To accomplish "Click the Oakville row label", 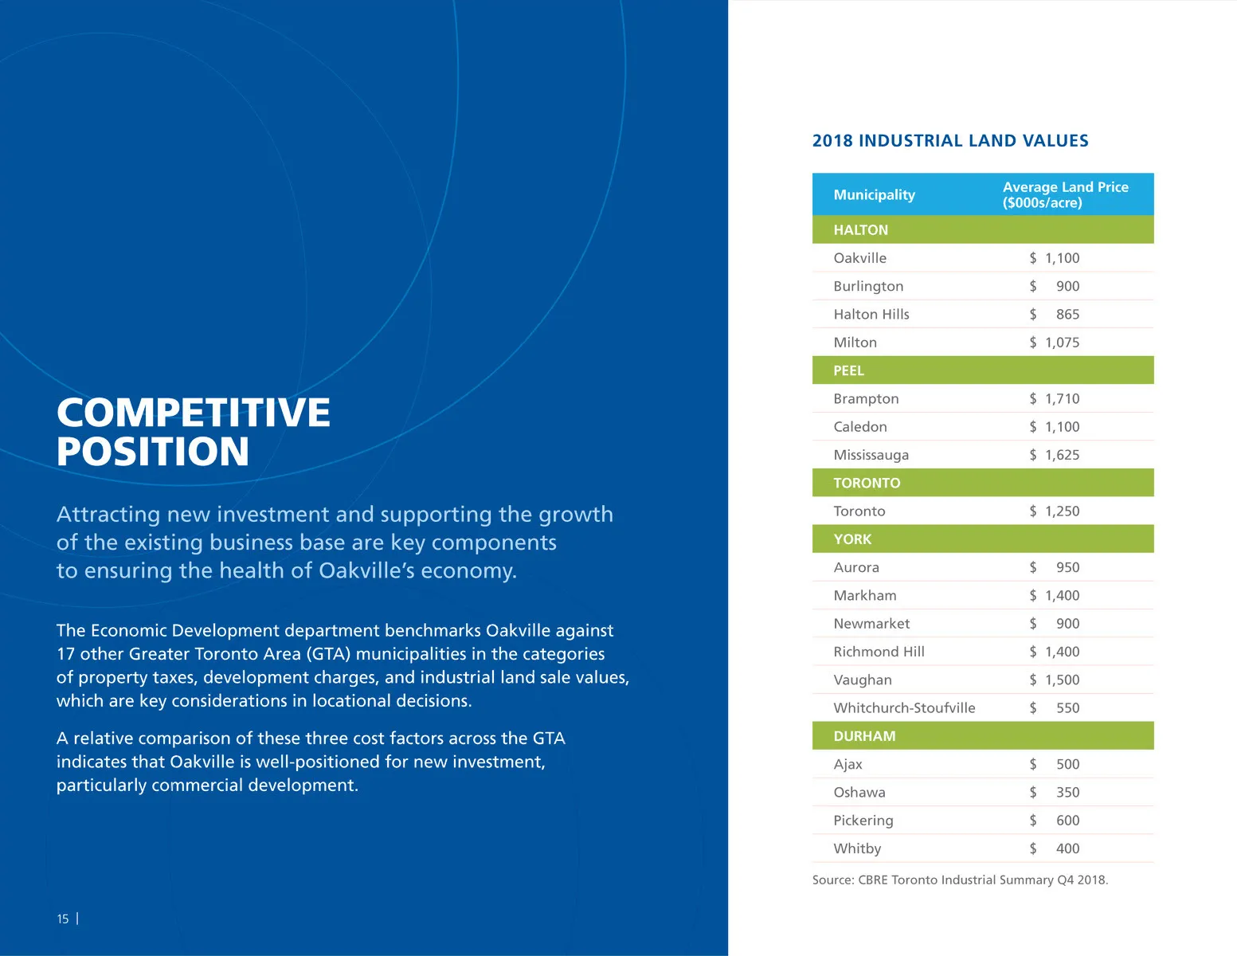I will (859, 258).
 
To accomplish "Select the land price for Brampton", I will (1055, 398).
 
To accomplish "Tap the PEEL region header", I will (848, 370).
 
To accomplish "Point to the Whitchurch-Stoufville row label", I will (904, 707).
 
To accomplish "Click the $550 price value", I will (1055, 707).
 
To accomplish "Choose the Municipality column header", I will (874, 194).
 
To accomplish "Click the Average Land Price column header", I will (1065, 194).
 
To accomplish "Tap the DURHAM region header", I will (864, 736).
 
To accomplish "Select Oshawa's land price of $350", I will (1055, 792).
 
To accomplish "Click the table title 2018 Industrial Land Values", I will (949, 141).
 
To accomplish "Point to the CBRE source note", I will (960, 880).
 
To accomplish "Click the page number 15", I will (63, 919).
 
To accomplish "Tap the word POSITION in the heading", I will (153, 451).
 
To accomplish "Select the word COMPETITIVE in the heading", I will (193, 412).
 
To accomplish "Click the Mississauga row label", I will (871, 455).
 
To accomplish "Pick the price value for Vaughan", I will (1055, 680).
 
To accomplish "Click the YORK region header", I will (852, 539).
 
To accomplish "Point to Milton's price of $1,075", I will (1055, 343).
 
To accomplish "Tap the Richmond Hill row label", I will (879, 652).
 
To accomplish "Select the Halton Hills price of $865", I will (1055, 314).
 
